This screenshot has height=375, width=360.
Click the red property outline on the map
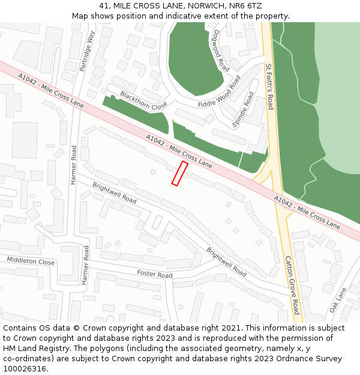pos(180,173)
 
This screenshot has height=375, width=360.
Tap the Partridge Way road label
pos(88,52)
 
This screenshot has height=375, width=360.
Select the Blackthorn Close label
pos(143,101)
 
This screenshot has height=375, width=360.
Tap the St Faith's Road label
pos(269,86)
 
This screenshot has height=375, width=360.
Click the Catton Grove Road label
pos(292,286)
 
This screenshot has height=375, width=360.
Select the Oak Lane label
pos(338,300)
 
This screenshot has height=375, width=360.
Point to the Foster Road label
pos(155,274)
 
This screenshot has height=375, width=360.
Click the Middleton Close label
pos(31,261)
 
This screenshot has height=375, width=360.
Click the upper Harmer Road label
pos(74,164)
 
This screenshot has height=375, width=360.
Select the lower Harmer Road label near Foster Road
pos(85,265)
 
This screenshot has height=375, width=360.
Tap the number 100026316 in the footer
pos(25,369)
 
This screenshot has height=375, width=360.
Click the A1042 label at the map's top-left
pos(51,91)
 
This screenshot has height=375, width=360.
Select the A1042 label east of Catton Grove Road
pos(307,212)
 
